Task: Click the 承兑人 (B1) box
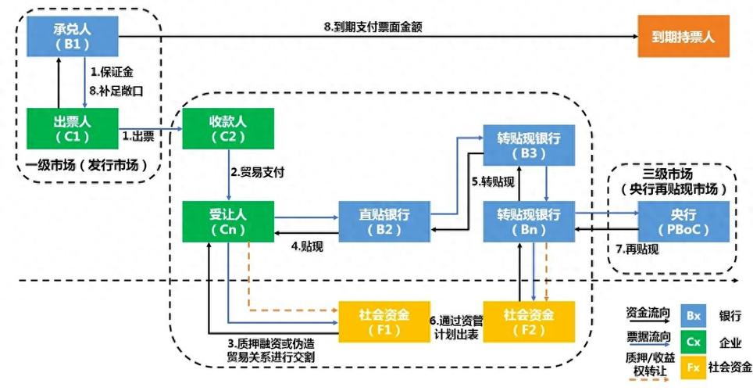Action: point(72,36)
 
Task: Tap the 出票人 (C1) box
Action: point(72,127)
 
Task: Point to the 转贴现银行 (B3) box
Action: point(528,145)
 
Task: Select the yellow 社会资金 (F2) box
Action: point(528,321)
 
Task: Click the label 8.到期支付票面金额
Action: point(373,26)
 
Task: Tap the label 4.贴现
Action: point(307,247)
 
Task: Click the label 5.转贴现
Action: point(492,181)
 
